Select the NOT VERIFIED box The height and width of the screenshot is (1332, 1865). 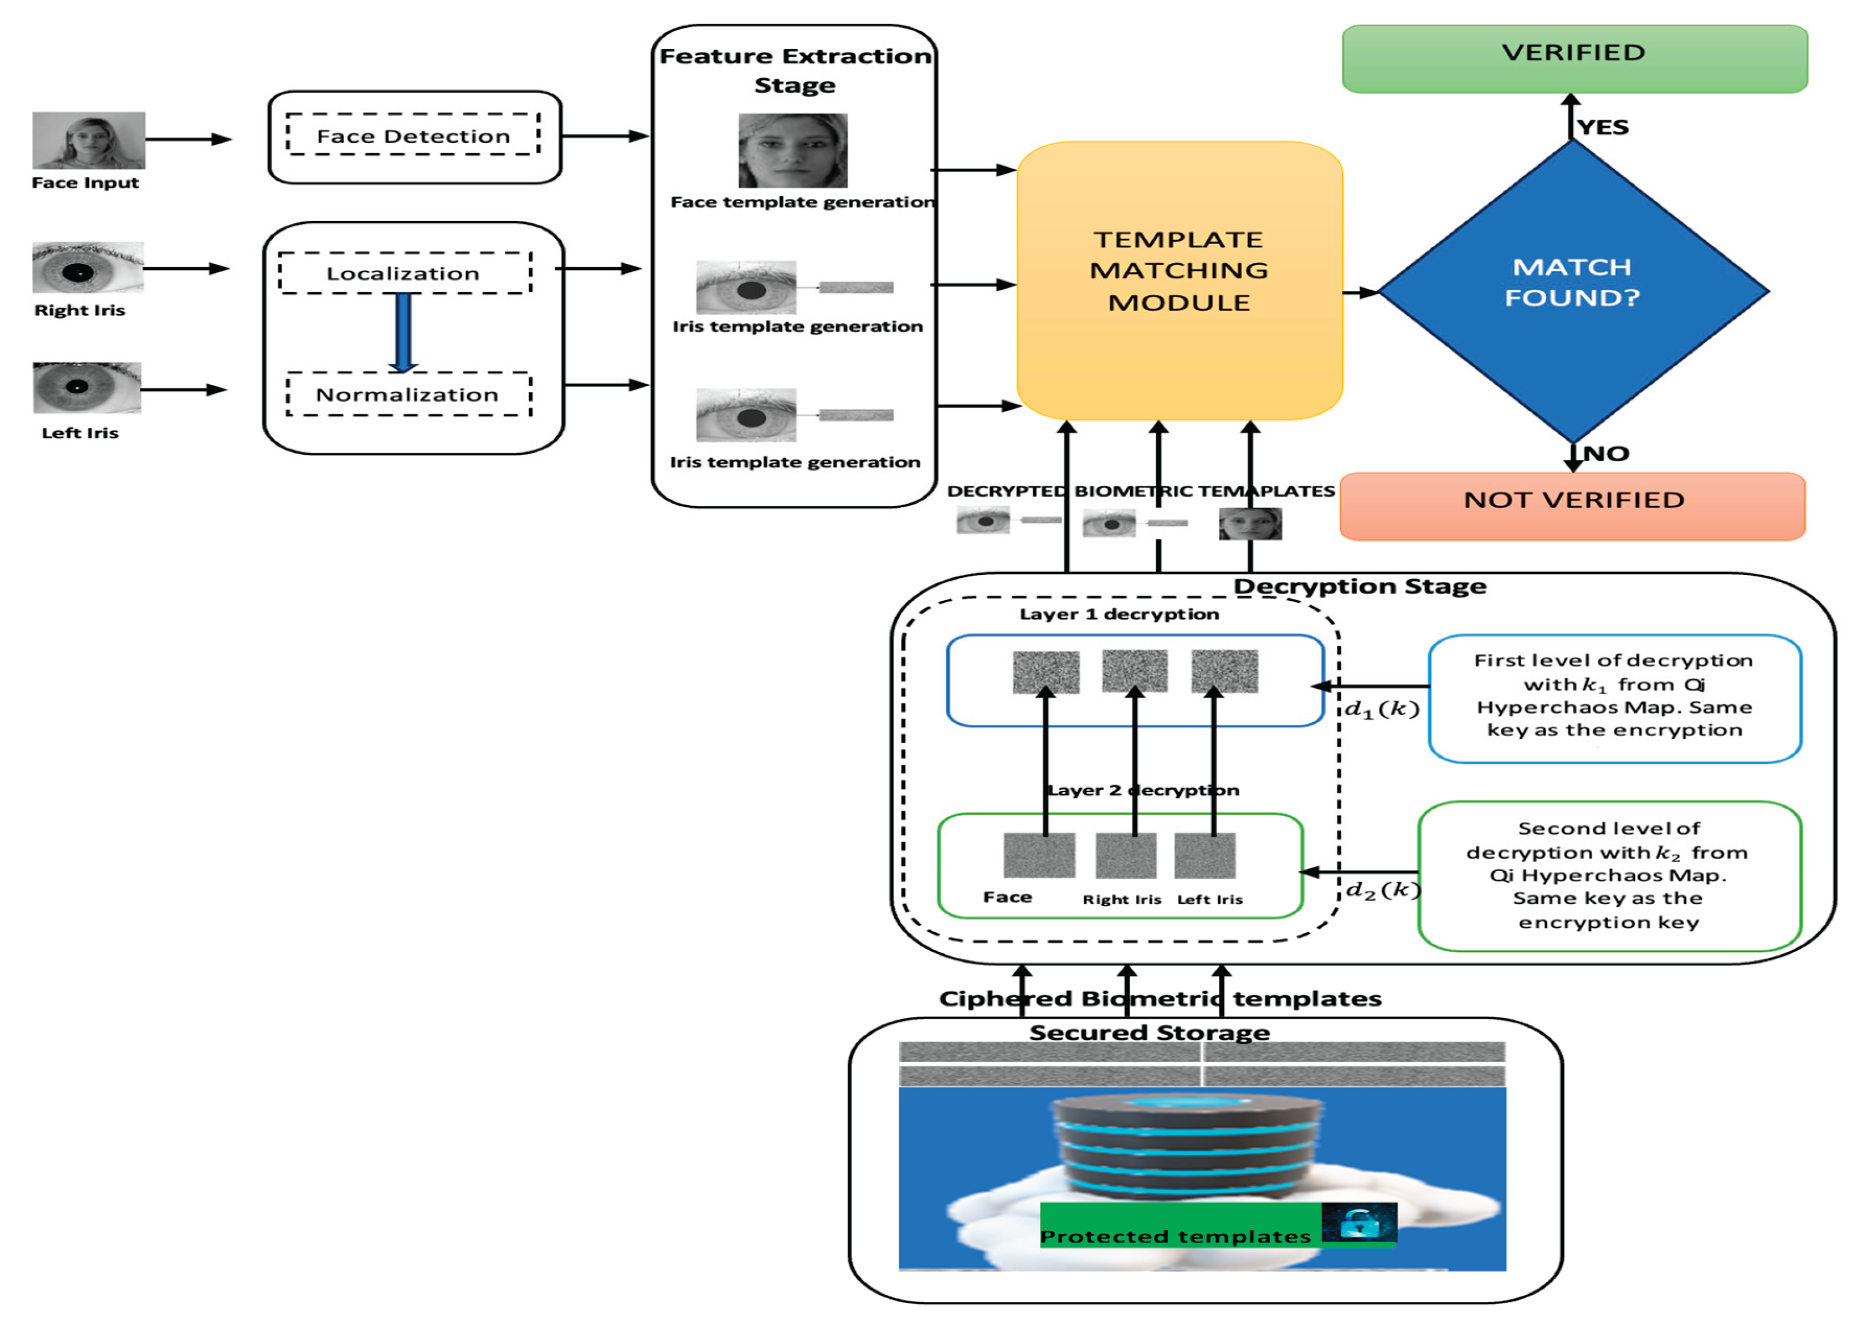(1572, 505)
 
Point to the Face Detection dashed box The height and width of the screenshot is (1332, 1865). (413, 136)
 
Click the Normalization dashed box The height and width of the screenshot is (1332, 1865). (408, 394)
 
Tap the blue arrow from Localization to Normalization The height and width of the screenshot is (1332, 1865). (403, 332)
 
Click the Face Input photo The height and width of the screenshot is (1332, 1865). (88, 140)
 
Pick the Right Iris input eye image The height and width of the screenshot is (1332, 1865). (88, 267)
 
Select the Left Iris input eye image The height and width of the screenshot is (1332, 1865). (87, 388)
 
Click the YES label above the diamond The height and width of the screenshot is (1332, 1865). (1603, 127)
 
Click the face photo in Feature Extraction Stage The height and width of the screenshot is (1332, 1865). (792, 151)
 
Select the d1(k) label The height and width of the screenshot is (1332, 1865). (1382, 709)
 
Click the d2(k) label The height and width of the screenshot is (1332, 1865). (1382, 890)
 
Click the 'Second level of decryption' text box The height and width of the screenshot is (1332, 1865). (1608, 875)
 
